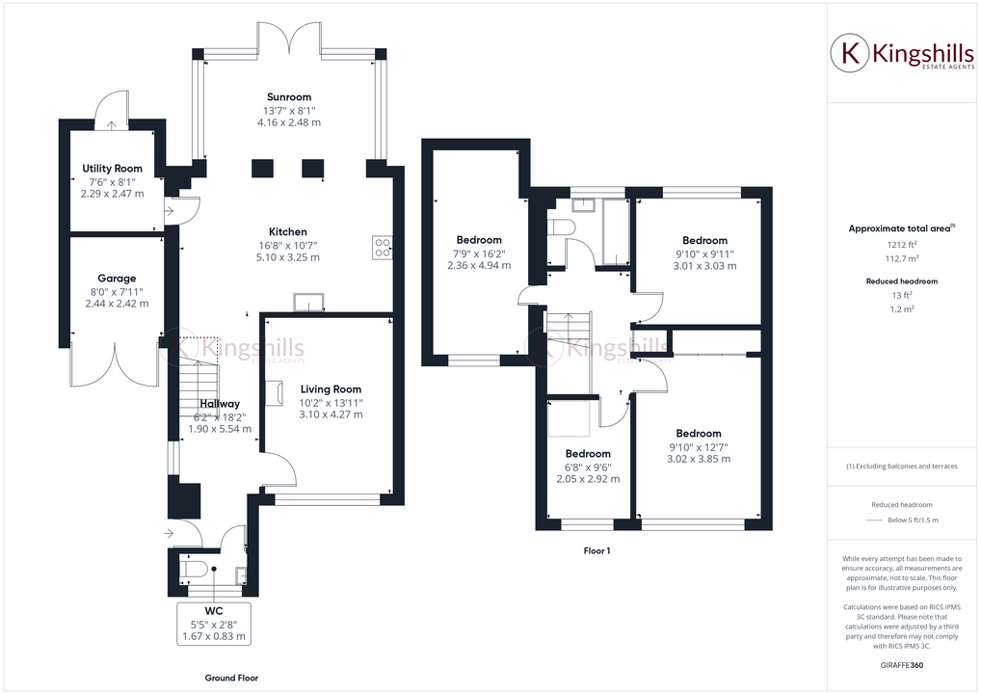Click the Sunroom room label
coord(289,97)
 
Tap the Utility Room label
coord(112,169)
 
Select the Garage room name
coord(117,279)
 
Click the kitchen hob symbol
coord(382,248)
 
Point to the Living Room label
coord(331,389)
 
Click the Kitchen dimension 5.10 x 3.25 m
coord(288,257)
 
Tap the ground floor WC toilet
coord(197,570)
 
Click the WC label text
coord(214,611)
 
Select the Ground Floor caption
coord(231,678)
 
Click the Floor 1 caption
coord(597,551)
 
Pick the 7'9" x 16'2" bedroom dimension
coord(479,253)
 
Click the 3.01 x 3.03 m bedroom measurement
coord(704,266)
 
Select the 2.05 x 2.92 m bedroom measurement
coord(588,478)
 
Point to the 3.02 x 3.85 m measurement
coord(698,459)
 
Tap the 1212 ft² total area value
coord(901,245)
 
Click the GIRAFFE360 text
coord(901,665)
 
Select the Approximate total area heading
coord(899,228)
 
